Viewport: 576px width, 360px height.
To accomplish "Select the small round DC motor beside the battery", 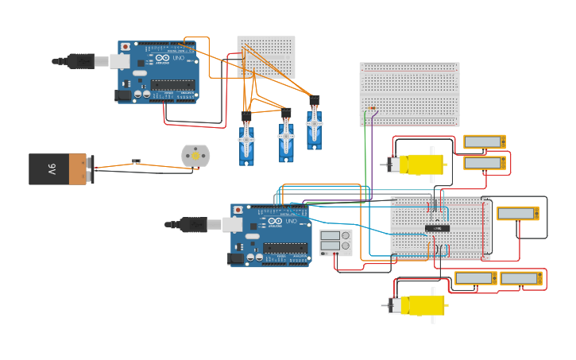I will tap(195, 155).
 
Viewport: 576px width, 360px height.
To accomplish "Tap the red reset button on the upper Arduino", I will tap(126, 47).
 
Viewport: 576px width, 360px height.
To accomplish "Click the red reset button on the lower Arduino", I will tap(238, 210).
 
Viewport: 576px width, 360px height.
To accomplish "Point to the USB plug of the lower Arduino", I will tap(192, 224).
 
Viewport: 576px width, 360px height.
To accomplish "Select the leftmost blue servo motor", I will tap(246, 142).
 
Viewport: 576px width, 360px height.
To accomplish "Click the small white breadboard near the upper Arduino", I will tap(266, 56).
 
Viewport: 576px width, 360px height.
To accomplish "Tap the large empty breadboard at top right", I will tap(409, 94).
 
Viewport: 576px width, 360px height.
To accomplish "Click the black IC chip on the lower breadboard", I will tap(437, 228).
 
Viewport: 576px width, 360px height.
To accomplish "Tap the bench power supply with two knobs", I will tap(335, 242).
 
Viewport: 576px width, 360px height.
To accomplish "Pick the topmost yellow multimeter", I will tap(484, 141).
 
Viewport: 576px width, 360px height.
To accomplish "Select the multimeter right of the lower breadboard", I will tap(517, 213).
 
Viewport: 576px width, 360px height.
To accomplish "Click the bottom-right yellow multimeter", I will tap(521, 278).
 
